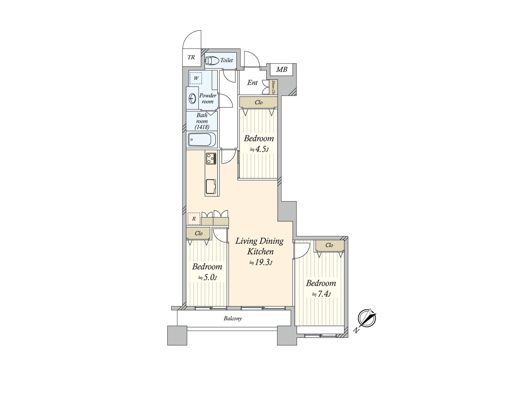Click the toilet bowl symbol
(212, 61)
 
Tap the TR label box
(191, 57)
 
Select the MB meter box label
(282, 69)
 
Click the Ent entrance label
(253, 83)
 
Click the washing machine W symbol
(196, 78)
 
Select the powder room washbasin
(192, 98)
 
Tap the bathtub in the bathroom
(202, 140)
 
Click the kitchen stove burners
(211, 159)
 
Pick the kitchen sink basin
(211, 186)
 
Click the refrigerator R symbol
(194, 219)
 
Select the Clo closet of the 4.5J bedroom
(259, 102)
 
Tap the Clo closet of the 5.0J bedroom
(198, 233)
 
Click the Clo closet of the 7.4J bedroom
(329, 245)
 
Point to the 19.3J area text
(261, 263)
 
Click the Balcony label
(233, 319)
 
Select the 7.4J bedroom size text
(321, 294)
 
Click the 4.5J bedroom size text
(259, 149)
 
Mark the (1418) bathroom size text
(202, 127)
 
